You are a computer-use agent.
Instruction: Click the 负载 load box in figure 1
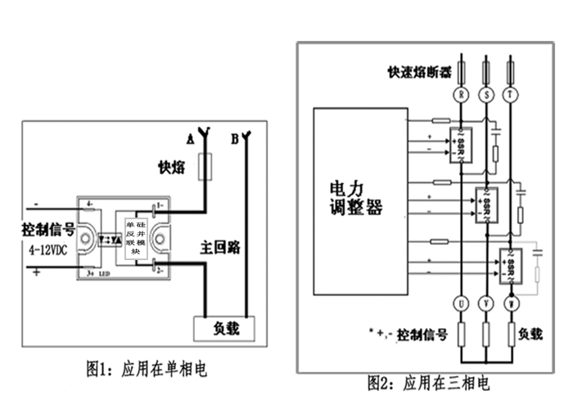(223, 329)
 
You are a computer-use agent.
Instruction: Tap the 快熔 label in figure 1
(174, 169)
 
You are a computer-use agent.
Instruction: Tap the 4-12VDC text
(50, 249)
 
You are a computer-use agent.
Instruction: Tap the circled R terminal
(462, 94)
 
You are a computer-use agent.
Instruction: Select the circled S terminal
(488, 94)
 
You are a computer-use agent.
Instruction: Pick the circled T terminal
(512, 94)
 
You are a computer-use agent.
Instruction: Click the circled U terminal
(462, 303)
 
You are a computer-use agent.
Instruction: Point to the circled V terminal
(488, 303)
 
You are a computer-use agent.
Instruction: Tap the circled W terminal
(512, 303)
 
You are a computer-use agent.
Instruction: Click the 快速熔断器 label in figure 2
(419, 72)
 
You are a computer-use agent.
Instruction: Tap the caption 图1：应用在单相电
(147, 369)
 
